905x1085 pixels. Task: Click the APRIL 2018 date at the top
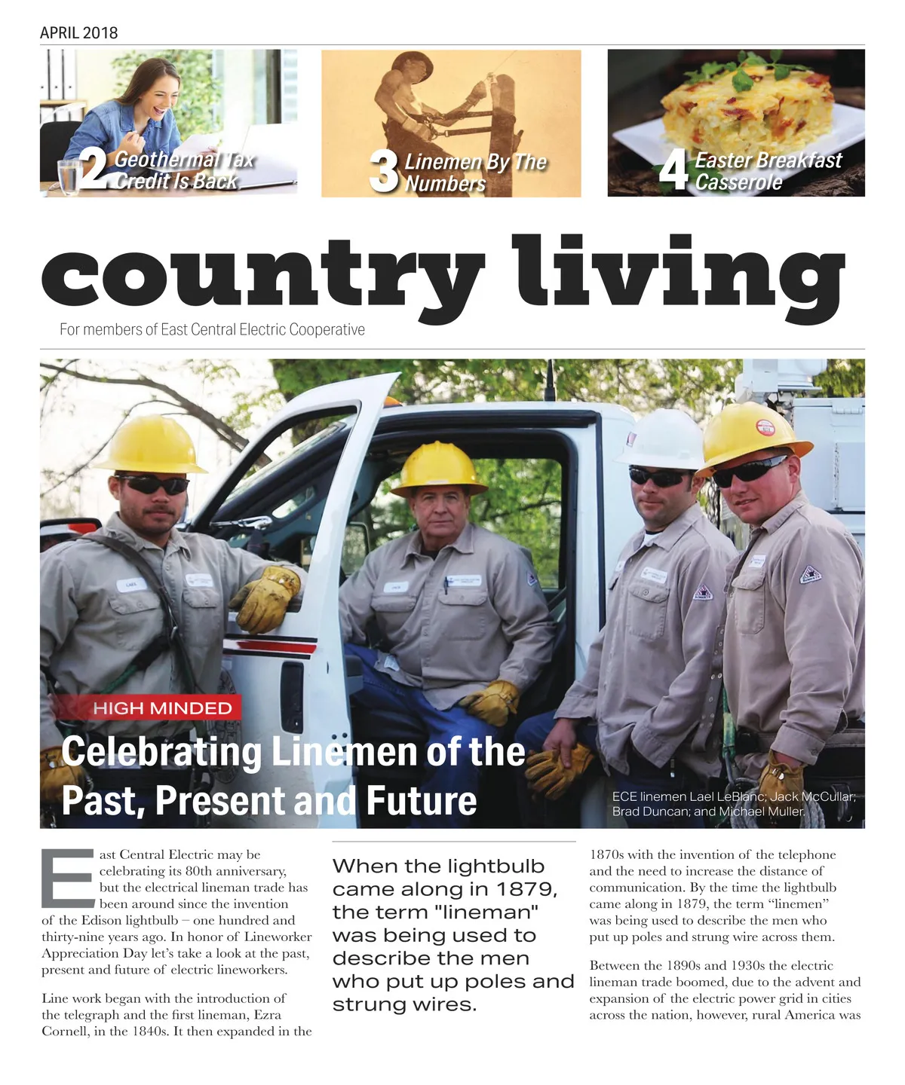[78, 32]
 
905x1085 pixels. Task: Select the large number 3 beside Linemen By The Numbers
[384, 171]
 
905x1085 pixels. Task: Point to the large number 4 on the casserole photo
[673, 170]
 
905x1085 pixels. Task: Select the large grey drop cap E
[69, 879]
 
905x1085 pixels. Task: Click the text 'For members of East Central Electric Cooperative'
[212, 330]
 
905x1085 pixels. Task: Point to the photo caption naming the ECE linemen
[733, 804]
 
